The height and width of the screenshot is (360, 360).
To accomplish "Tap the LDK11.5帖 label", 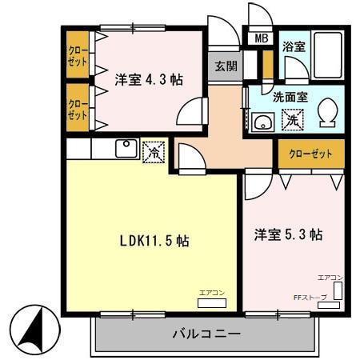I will tap(154, 240).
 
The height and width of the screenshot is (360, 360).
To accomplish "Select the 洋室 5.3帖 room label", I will tap(289, 235).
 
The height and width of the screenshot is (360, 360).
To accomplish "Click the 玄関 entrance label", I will tap(225, 66).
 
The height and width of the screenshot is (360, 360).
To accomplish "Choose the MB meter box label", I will tap(262, 37).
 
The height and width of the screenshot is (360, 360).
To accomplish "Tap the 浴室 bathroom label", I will tap(294, 47).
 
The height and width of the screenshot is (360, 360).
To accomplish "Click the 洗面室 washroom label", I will tap(289, 98).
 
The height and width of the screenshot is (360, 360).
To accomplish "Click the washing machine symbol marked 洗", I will tap(293, 120).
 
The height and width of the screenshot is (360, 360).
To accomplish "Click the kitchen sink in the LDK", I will tap(126, 148).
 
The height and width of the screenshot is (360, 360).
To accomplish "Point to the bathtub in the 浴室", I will tap(327, 51).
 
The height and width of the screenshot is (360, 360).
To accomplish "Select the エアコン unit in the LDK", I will tap(213, 302).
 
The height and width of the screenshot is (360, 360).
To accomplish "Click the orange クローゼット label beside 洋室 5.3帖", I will tap(310, 153).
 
